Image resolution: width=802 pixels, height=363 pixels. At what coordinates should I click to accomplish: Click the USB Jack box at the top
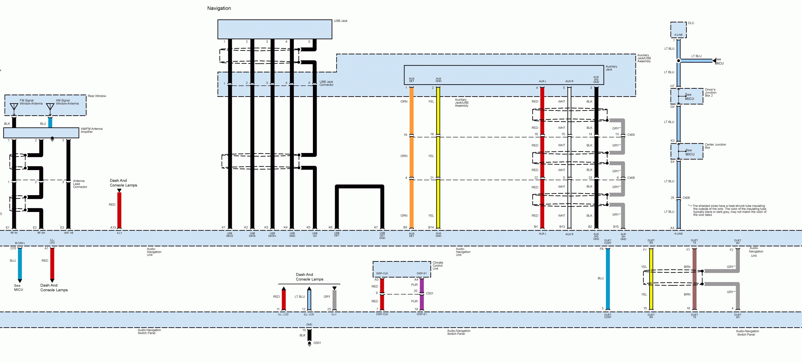275,29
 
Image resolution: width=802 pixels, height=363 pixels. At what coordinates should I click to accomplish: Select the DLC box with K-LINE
678,30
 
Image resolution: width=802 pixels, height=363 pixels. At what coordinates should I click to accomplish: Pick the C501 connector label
429,293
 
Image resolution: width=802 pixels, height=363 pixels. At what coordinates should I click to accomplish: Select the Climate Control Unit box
402,269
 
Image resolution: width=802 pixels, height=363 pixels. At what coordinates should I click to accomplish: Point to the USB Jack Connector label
326,83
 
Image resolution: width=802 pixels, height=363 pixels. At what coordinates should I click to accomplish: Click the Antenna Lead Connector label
80,184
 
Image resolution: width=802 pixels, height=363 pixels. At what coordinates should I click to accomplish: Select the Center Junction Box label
715,146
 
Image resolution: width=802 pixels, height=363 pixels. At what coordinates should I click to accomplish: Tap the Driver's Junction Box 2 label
711,92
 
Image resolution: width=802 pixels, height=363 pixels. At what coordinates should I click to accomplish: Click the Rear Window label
97,96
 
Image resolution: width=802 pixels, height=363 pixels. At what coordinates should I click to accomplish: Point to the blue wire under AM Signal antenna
50,122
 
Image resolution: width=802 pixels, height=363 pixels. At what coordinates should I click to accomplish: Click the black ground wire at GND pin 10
309,335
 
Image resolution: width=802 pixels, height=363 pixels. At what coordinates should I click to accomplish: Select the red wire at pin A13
119,210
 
